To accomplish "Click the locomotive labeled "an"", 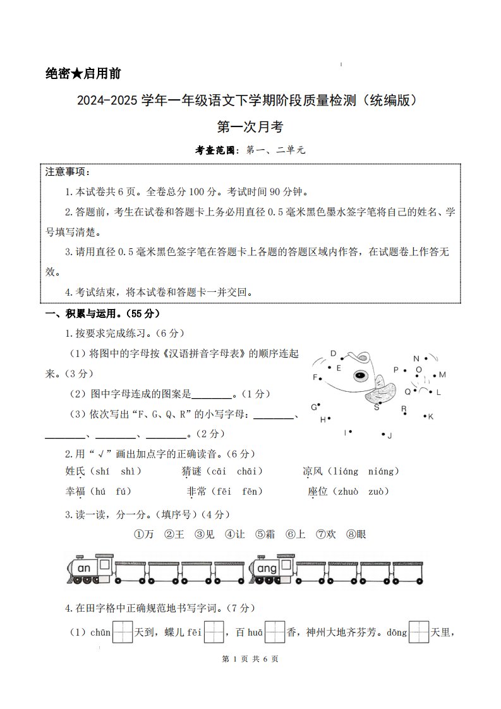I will [90, 569].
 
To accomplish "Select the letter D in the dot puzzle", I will [333, 354].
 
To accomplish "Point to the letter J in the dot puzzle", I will [390, 435].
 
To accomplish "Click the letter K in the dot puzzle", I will [431, 416].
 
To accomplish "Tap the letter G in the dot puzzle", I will [313, 406].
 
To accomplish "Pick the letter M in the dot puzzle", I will [442, 375].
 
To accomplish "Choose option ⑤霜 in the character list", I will [265, 534].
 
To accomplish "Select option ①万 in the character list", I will [144, 534].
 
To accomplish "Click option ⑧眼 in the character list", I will [356, 534].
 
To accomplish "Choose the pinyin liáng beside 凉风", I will [346, 471].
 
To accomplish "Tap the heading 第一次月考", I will [250, 127].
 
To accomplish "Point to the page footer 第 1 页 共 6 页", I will [250, 659].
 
